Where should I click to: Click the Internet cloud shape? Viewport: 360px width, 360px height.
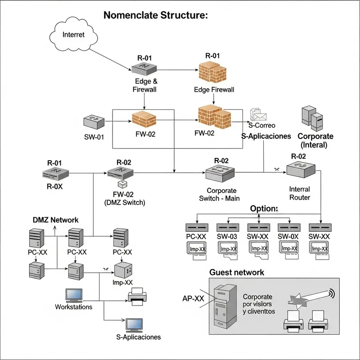[x=73, y=35]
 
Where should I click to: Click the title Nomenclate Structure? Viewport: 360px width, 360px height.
[x=156, y=15]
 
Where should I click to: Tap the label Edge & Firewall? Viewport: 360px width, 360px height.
[x=145, y=85]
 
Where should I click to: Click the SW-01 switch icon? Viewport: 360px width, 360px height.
[x=94, y=122]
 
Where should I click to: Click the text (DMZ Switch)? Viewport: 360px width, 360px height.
[x=124, y=202]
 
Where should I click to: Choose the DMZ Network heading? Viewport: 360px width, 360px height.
[x=55, y=220]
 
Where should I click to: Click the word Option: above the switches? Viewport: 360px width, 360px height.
[x=264, y=209]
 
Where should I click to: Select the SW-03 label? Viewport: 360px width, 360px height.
[x=228, y=236]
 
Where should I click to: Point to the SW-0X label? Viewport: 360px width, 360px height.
[x=289, y=236]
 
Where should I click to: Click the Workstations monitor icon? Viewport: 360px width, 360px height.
[x=73, y=295]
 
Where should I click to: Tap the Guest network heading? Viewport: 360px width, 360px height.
[x=237, y=272]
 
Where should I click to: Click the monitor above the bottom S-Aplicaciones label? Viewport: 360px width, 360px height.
[x=134, y=324]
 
